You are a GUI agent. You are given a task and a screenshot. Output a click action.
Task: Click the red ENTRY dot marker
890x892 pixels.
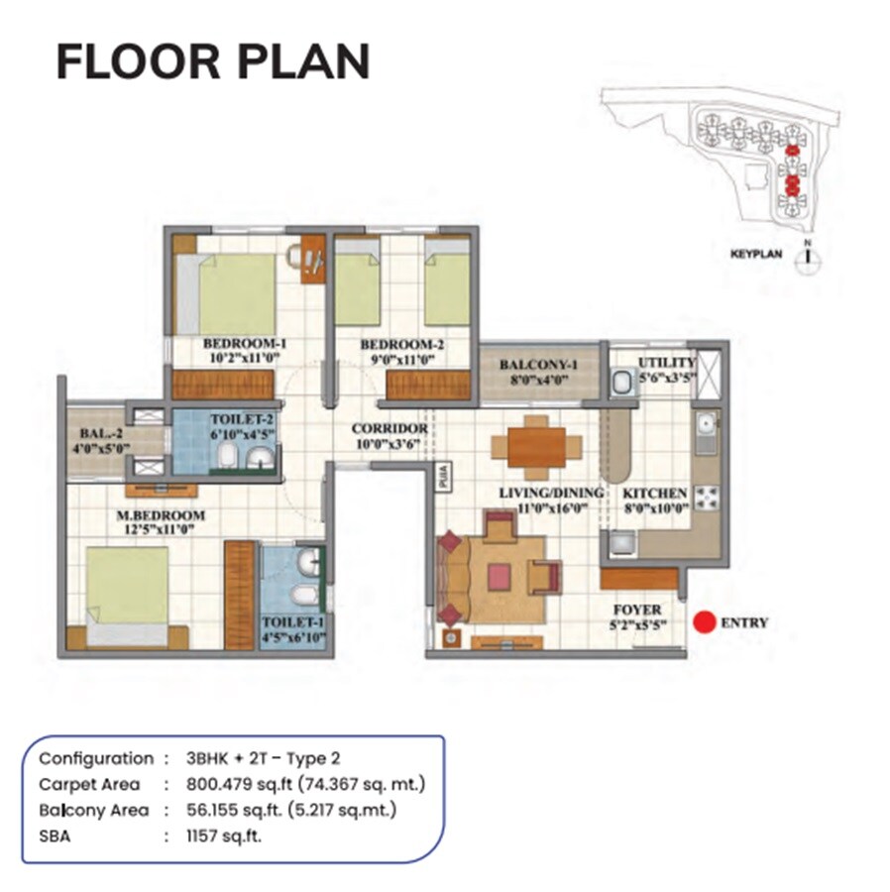[704, 622]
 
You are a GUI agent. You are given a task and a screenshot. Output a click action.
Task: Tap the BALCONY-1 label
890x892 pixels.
[538, 365]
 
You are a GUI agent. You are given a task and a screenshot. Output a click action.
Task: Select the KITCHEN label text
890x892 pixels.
[654, 493]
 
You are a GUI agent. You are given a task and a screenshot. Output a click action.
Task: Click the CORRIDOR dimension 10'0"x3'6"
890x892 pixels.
[389, 443]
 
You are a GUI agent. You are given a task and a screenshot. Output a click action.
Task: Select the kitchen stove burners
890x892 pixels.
[708, 495]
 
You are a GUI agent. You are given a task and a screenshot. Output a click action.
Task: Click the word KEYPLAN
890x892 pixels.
[756, 254]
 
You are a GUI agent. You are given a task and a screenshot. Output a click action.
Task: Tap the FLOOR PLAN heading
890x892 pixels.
[212, 61]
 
